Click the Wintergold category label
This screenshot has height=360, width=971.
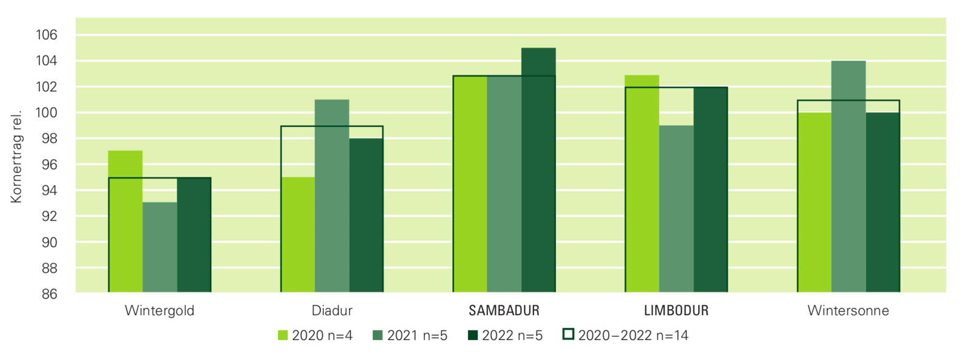(x=160, y=311)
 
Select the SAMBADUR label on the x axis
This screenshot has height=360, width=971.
(x=504, y=311)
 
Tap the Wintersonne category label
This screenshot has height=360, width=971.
(x=848, y=311)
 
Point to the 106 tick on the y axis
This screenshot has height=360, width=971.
(x=47, y=35)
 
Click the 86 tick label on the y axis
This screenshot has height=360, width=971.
(x=49, y=294)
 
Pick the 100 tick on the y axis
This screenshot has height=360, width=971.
(x=47, y=113)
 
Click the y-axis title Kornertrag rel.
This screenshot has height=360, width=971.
(x=16, y=156)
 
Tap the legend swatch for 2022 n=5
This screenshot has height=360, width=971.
(x=473, y=335)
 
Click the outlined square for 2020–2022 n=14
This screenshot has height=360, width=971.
(x=569, y=335)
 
